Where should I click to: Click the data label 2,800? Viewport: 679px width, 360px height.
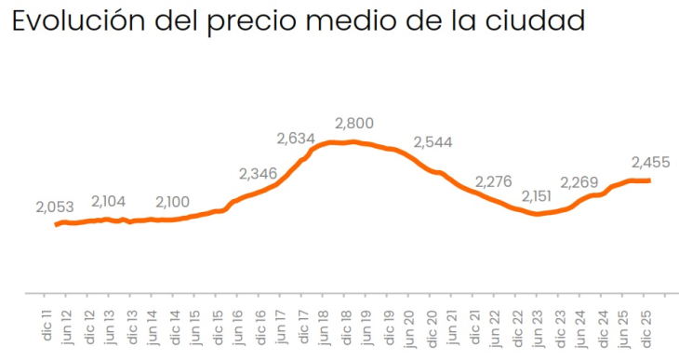[353, 123]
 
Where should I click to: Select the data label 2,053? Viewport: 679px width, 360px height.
[55, 207]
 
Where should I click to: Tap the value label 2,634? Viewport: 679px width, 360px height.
[297, 140]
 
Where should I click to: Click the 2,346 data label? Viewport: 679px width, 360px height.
[258, 174]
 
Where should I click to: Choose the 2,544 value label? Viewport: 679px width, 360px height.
[433, 142]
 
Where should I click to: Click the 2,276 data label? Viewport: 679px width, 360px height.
[493, 180]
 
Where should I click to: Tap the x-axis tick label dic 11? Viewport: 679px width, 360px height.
[46, 320]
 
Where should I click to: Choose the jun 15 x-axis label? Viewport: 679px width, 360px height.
[196, 320]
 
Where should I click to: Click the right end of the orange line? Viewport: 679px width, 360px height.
[649, 180]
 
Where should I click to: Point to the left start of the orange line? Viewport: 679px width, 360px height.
[57, 224]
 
